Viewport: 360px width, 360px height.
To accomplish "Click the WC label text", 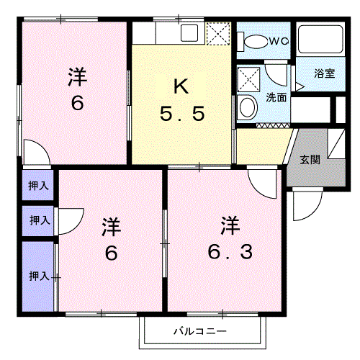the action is (279, 42).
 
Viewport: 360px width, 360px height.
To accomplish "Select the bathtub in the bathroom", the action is (320, 39).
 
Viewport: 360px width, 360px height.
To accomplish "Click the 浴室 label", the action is (325, 73).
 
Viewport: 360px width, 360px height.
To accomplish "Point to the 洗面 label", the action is (276, 97).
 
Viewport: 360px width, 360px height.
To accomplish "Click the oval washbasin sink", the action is (248, 107).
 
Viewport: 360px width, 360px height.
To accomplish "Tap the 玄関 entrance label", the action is (310, 159).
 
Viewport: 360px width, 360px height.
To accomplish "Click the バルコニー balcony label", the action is (200, 331).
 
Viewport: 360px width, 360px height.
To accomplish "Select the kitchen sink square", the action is (189, 33).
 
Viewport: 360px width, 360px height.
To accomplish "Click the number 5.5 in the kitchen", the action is (182, 114).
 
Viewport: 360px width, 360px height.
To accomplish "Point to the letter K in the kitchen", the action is (181, 86).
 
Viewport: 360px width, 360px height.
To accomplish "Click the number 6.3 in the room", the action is (230, 251).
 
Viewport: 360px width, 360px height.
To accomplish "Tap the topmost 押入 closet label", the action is (38, 186).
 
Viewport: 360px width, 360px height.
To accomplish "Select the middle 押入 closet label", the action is (40, 220).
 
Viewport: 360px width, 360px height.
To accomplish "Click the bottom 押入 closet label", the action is (39, 276).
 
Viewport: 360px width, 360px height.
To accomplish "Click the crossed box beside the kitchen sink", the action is (218, 34).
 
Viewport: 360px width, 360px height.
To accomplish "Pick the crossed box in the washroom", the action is (248, 80).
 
